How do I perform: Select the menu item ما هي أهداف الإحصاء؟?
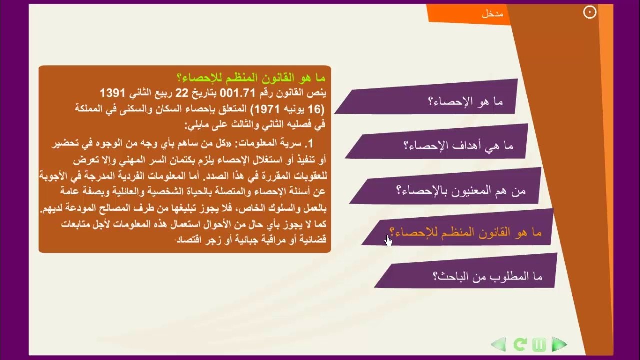pos(458,145)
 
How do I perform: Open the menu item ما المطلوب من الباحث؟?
pos(487,276)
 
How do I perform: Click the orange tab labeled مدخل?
pos(492,14)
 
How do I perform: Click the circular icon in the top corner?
pos(590,13)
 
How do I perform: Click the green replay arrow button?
pos(520,344)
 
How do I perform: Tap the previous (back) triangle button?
pos(499,344)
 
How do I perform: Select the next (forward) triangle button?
pos(559,344)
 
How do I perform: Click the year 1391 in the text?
pos(114,93)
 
